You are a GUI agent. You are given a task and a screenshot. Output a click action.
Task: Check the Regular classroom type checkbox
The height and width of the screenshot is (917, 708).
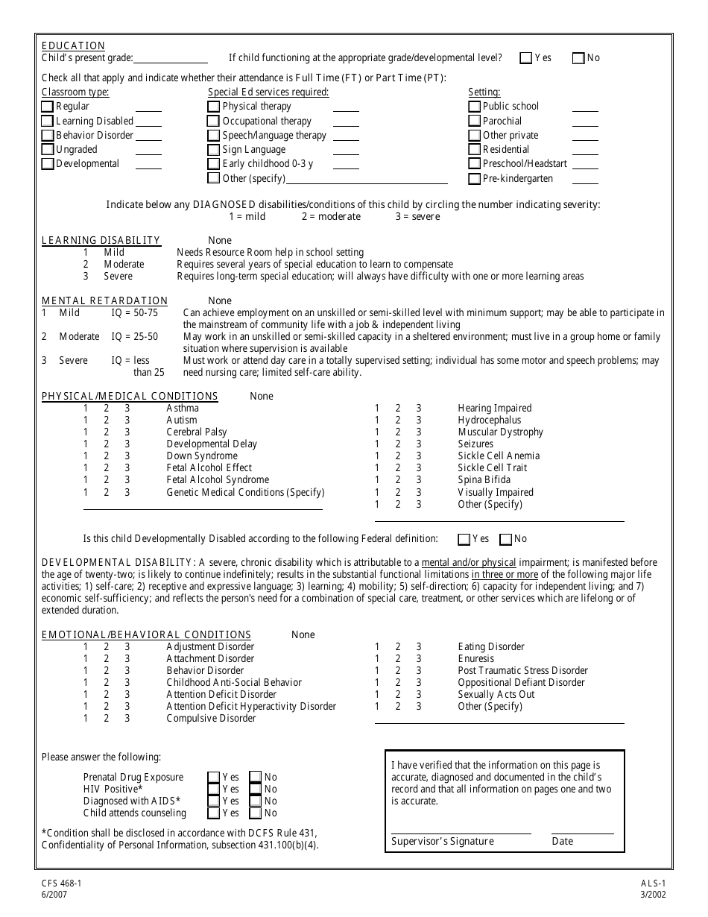click(48, 107)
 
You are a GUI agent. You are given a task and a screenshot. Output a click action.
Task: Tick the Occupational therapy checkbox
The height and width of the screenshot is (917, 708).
click(214, 121)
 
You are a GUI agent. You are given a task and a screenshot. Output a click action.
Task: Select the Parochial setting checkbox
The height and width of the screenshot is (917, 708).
click(475, 121)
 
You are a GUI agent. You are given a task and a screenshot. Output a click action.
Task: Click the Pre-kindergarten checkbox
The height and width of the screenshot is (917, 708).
click(475, 179)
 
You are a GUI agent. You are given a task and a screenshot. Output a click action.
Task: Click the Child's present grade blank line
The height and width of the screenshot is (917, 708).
click(171, 58)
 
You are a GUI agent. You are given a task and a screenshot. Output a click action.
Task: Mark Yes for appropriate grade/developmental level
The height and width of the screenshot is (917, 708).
click(526, 58)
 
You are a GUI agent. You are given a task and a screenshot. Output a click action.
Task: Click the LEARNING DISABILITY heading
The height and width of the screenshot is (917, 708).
click(101, 240)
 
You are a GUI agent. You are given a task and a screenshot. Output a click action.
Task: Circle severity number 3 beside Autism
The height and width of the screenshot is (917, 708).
click(127, 420)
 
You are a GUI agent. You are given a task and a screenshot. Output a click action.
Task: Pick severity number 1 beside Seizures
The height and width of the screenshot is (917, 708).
click(377, 444)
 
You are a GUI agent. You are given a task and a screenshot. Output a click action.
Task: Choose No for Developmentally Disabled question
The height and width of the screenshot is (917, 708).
click(506, 539)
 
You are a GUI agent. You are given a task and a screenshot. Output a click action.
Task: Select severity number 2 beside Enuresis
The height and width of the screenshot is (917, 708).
click(398, 659)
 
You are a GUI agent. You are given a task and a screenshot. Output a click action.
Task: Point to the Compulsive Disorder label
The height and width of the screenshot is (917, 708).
click(211, 719)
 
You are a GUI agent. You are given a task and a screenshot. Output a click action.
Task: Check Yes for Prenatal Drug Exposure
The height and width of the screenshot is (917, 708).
click(214, 778)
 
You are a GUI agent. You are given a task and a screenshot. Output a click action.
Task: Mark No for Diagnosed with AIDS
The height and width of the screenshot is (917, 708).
click(256, 801)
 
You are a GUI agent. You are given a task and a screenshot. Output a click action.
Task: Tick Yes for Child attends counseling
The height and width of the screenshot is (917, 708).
click(214, 813)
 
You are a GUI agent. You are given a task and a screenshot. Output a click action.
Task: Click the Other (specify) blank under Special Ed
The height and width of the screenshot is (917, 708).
click(367, 179)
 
